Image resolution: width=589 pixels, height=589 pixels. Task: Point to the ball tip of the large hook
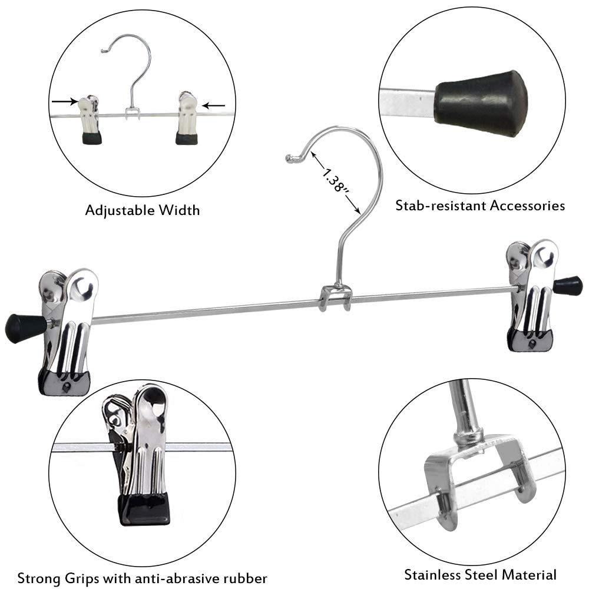pos(289,158)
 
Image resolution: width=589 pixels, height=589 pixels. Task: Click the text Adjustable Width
pos(143,210)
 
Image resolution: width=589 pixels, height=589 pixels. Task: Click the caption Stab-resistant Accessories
pos(480,206)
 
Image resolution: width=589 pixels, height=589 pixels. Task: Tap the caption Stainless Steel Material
pos(480,574)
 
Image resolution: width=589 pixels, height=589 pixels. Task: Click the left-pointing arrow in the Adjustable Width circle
pos(214,106)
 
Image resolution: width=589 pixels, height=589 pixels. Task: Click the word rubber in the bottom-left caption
pos(246,577)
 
